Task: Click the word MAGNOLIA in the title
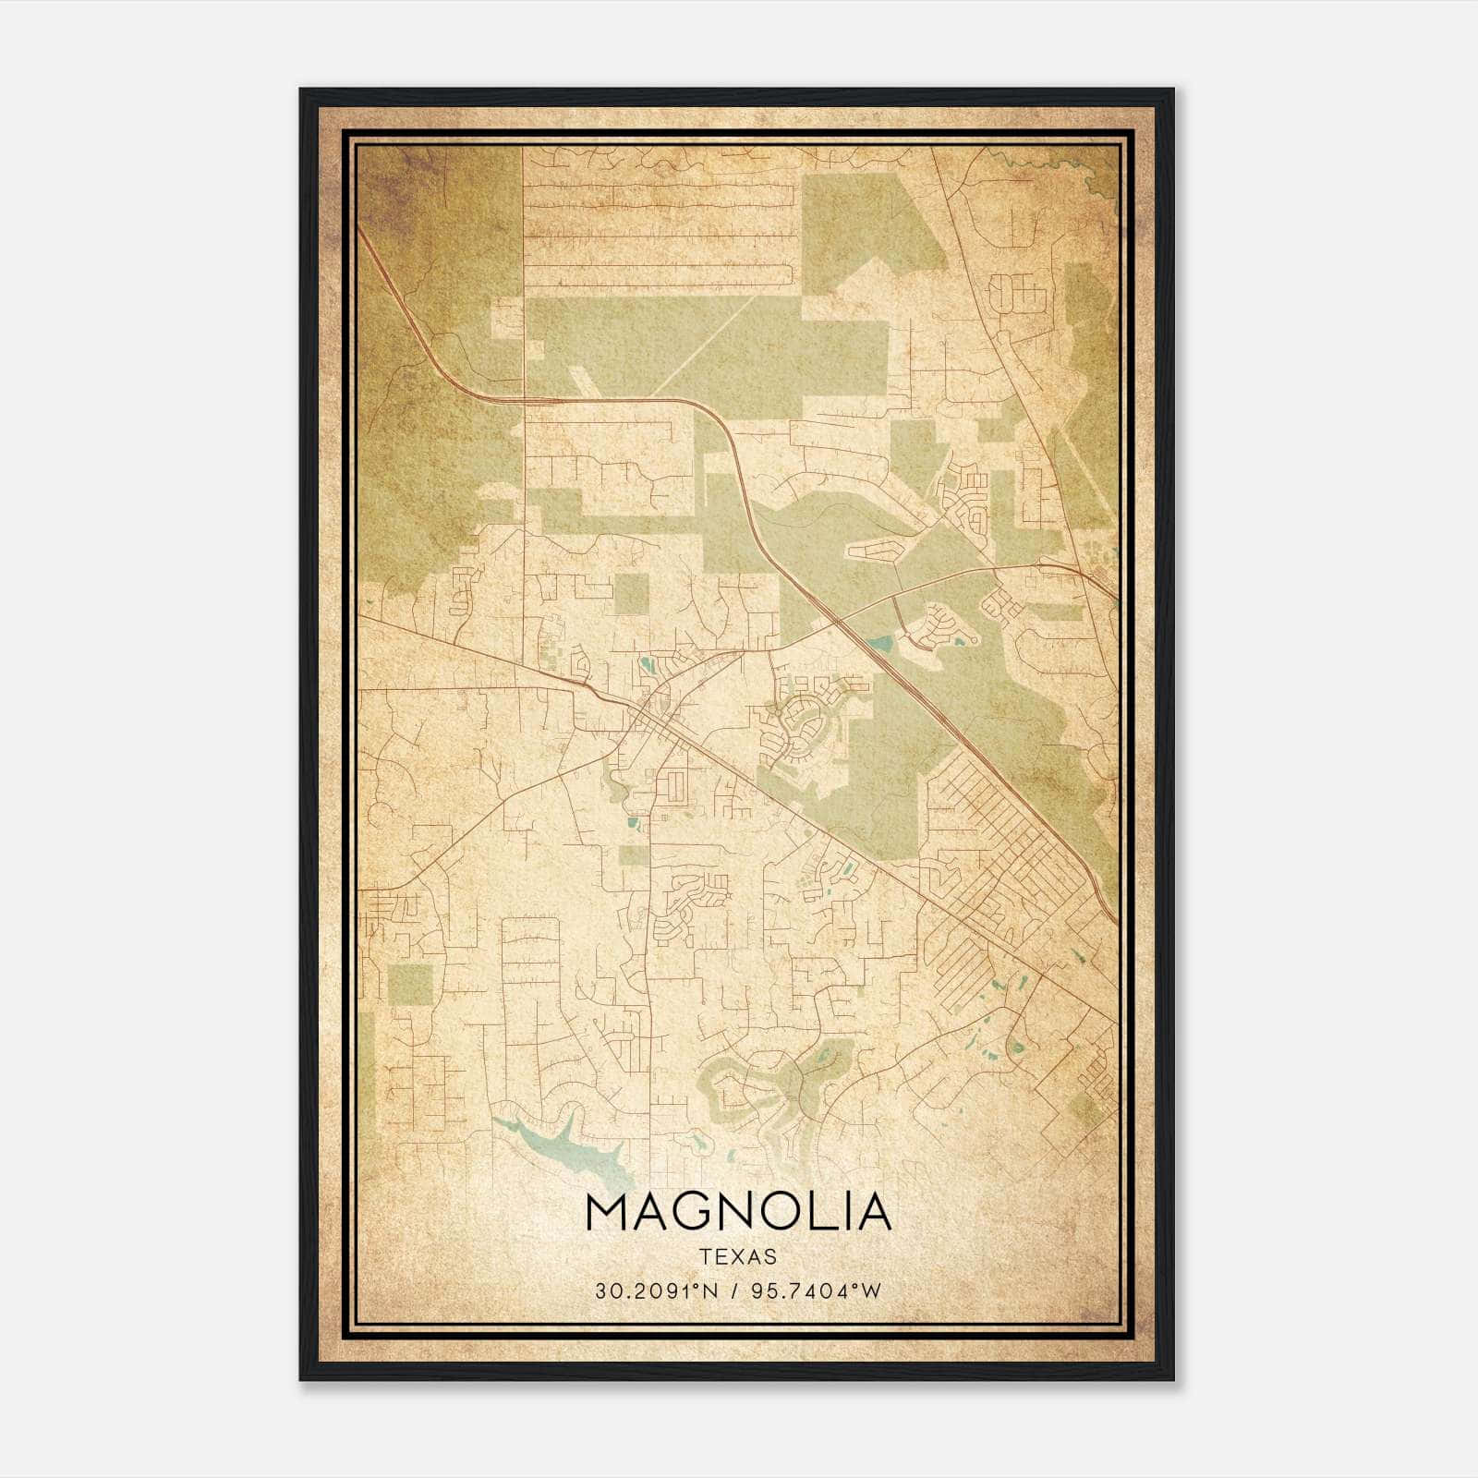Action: [738, 1212]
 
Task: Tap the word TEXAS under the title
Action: [738, 1257]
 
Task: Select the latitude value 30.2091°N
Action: [655, 1291]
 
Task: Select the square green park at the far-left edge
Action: [409, 985]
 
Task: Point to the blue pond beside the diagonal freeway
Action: [879, 642]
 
